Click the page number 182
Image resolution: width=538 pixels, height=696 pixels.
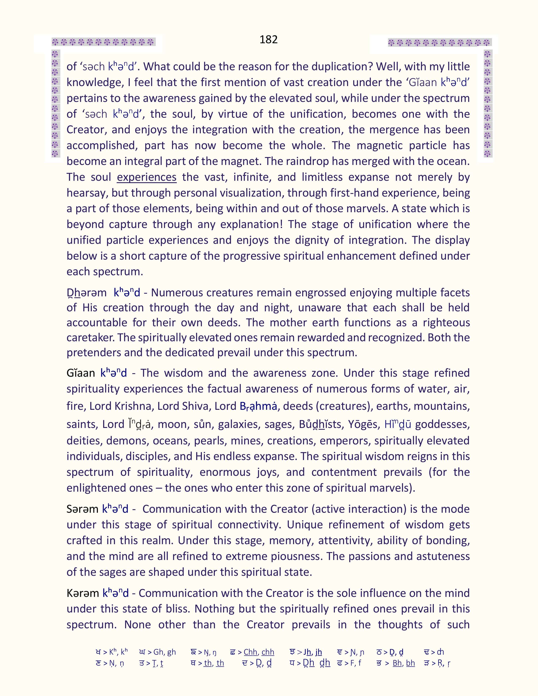tap(268, 39)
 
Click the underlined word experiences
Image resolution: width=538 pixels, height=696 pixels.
tap(147, 177)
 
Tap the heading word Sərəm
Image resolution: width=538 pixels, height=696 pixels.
tap(82, 509)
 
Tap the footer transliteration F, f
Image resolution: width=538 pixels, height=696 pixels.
tap(355, 663)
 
